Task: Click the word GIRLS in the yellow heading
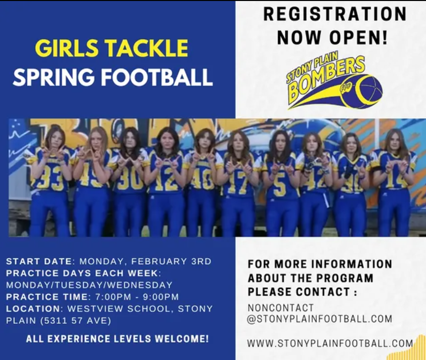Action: pyautogui.click(x=67, y=48)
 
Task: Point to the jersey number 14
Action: pyautogui.click(x=396, y=180)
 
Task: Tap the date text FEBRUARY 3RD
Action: pyautogui.click(x=171, y=261)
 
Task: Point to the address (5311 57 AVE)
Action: pyautogui.click(x=76, y=320)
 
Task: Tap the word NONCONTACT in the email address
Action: pyautogui.click(x=281, y=308)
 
